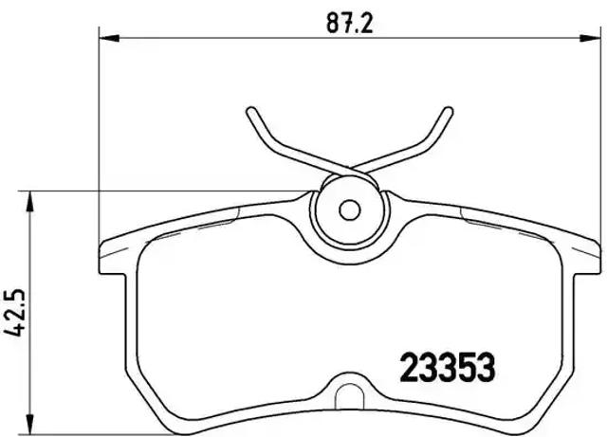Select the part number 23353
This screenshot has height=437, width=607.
click(445, 365)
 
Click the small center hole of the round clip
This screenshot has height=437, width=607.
click(348, 209)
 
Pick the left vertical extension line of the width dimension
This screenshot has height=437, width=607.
click(101, 142)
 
